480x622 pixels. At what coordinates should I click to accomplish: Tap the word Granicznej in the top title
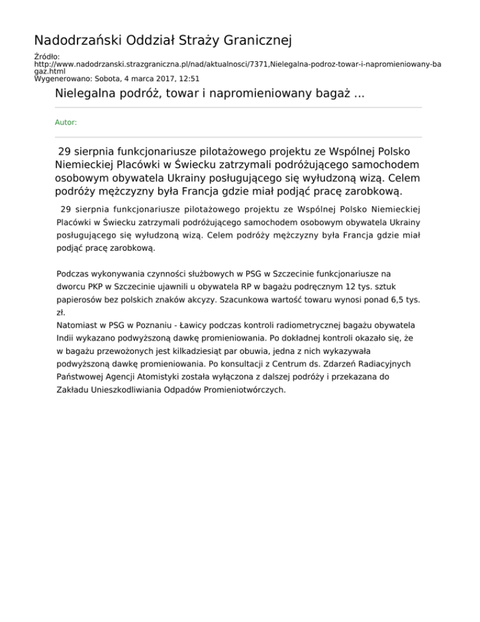point(256,41)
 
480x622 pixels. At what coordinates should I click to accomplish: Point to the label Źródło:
point(47,57)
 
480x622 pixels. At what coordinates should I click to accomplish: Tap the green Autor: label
point(66,123)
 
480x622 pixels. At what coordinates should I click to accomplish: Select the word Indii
point(66,339)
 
